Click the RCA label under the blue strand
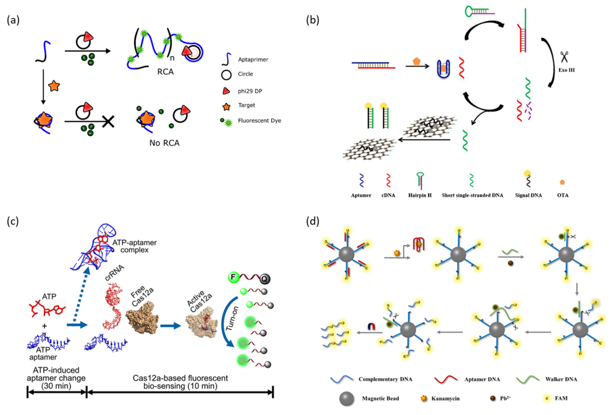tap(165, 72)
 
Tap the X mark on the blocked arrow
tap(108, 122)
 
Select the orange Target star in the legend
tap(226, 106)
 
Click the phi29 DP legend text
tap(250, 91)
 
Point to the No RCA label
tap(164, 143)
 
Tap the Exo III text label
tap(566, 70)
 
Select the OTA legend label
tap(563, 195)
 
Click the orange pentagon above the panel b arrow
tap(417, 61)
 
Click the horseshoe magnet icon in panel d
tap(371, 327)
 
